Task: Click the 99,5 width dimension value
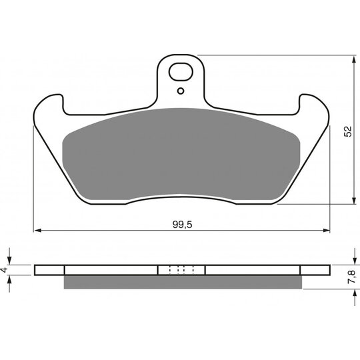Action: [x=182, y=224]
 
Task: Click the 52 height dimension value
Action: [x=348, y=131]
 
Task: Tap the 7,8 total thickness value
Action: [x=351, y=277]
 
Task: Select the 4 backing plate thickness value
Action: [x=5, y=269]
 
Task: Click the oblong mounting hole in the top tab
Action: [x=181, y=71]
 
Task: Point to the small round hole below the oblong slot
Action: [x=181, y=91]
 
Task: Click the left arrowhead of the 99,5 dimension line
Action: [x=37, y=230]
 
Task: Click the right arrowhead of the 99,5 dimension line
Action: [x=326, y=230]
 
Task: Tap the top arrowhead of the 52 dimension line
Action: [x=353, y=59]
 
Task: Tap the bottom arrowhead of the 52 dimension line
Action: [x=353, y=200]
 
